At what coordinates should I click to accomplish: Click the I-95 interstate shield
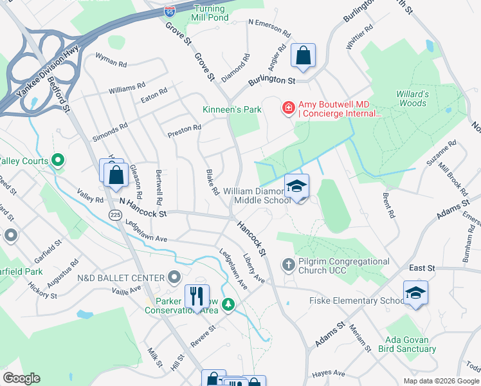click(170, 11)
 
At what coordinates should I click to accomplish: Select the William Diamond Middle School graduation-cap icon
click(296, 187)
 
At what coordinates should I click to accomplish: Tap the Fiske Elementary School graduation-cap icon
click(415, 293)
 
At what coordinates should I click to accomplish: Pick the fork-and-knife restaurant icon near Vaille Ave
click(197, 295)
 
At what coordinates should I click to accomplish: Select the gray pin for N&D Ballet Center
click(174, 277)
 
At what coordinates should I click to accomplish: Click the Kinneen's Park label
click(232, 109)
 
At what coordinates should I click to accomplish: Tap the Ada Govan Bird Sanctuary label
click(411, 344)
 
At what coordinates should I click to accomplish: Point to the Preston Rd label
click(184, 130)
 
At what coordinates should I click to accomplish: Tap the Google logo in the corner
click(21, 378)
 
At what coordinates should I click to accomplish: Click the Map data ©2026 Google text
click(440, 381)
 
